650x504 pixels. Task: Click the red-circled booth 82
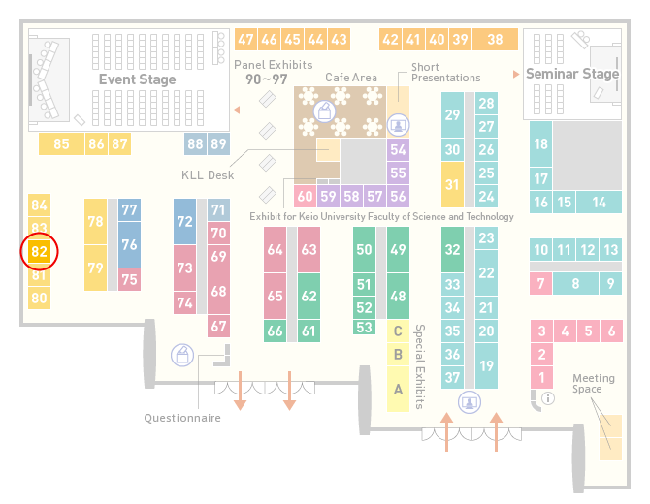pyautogui.click(x=40, y=251)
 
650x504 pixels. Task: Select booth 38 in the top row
pyautogui.click(x=496, y=40)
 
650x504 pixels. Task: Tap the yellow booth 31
pyautogui.click(x=452, y=184)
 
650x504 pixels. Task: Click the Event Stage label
pyautogui.click(x=137, y=79)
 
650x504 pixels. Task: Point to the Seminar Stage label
pyautogui.click(x=572, y=74)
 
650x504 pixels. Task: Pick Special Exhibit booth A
pyautogui.click(x=398, y=390)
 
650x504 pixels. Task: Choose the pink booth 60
pyautogui.click(x=305, y=196)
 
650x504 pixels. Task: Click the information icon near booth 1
pyautogui.click(x=548, y=398)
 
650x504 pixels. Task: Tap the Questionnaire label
pyautogui.click(x=182, y=418)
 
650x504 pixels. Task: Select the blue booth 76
pyautogui.click(x=129, y=244)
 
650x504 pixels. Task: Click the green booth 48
pyautogui.click(x=398, y=296)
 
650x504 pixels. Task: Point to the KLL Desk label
pyautogui.click(x=208, y=175)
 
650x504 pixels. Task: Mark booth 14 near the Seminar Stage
pyautogui.click(x=599, y=203)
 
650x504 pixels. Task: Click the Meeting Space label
pyautogui.click(x=593, y=384)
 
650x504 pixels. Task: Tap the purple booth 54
pyautogui.click(x=398, y=149)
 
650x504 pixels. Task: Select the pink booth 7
pyautogui.click(x=541, y=284)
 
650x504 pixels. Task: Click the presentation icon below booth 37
pyautogui.click(x=470, y=402)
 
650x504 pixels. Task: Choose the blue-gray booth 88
pyautogui.click(x=195, y=143)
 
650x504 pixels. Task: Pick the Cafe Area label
pyautogui.click(x=351, y=78)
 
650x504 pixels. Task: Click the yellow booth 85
pyautogui.click(x=61, y=143)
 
